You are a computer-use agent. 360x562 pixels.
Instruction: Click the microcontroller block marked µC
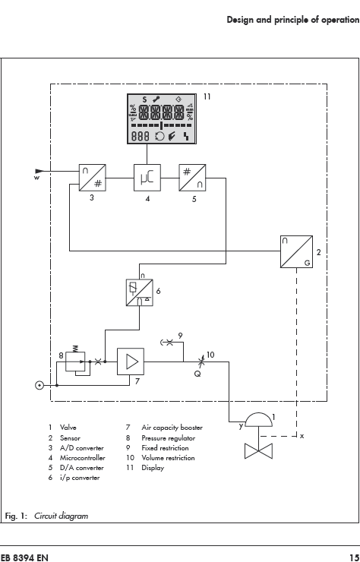click(x=147, y=178)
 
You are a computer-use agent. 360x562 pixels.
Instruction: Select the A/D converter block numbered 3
click(x=92, y=178)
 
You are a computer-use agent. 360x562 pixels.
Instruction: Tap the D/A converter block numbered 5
click(x=192, y=178)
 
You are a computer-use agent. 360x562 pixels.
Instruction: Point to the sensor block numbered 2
click(x=296, y=251)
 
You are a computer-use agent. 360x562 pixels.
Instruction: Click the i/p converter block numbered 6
click(x=140, y=292)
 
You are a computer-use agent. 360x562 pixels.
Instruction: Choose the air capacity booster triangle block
click(x=131, y=362)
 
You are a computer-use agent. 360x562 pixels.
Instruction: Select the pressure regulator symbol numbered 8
click(x=76, y=361)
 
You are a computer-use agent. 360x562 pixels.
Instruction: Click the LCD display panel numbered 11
click(x=162, y=118)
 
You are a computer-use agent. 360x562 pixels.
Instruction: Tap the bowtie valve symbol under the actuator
click(x=258, y=451)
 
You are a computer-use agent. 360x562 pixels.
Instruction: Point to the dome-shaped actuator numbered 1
click(x=258, y=419)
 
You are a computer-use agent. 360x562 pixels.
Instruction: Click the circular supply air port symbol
click(x=39, y=386)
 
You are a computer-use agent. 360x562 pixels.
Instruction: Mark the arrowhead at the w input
click(x=40, y=171)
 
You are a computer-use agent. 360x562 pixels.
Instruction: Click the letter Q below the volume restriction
click(x=197, y=374)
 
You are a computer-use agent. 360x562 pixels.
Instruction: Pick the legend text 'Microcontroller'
click(x=83, y=458)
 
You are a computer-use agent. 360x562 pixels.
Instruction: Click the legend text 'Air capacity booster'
click(x=172, y=428)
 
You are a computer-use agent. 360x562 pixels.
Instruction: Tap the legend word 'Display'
click(x=153, y=468)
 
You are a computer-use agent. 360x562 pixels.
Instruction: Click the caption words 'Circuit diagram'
click(x=61, y=516)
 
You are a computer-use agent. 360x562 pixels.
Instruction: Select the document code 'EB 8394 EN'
click(x=24, y=557)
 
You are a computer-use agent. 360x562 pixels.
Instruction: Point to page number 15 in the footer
click(x=354, y=557)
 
